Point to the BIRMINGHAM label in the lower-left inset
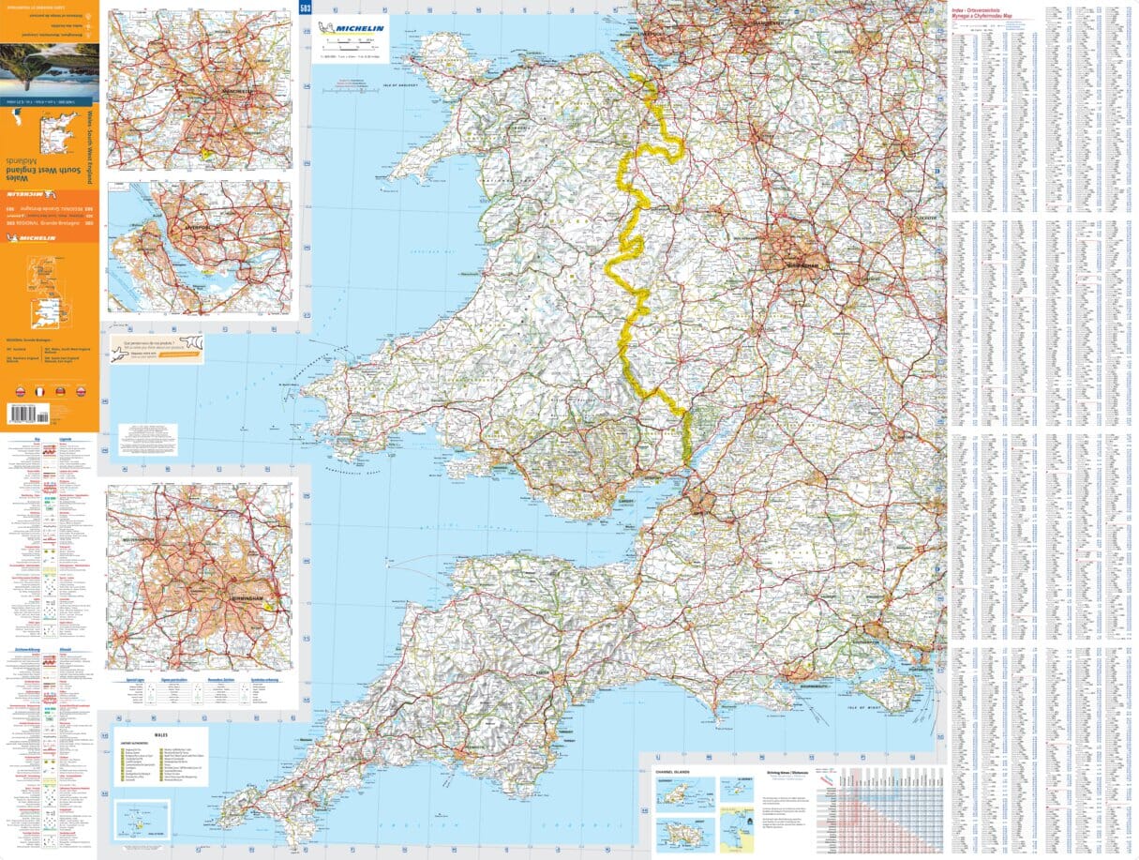(243, 597)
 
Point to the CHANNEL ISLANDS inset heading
(673, 771)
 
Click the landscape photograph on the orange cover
(49, 69)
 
